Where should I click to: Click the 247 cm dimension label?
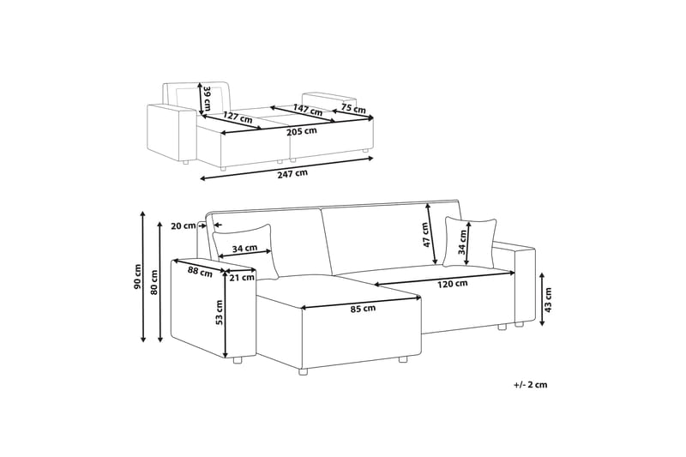(293, 173)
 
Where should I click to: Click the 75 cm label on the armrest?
(353, 109)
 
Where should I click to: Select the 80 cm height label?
(154, 280)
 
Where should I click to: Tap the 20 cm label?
(183, 226)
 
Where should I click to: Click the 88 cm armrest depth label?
(199, 272)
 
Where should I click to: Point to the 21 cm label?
(242, 277)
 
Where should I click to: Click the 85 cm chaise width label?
(363, 308)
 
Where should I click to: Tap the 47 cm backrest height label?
(424, 235)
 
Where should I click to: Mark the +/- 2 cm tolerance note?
(530, 385)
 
